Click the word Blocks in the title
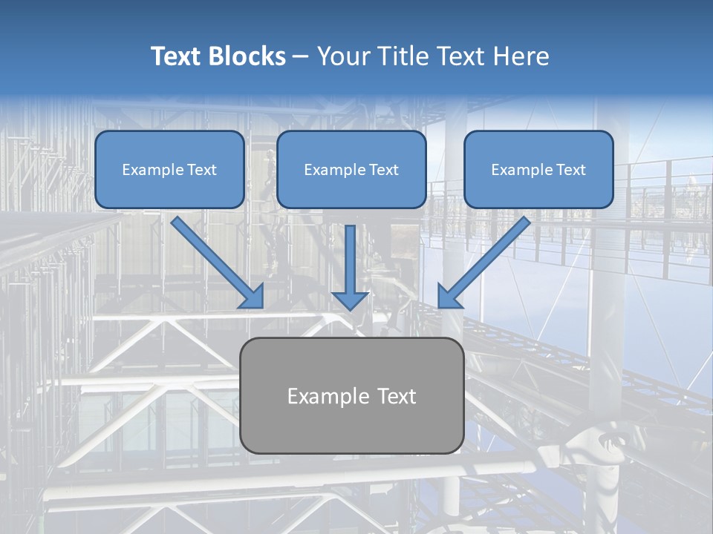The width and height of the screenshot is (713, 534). point(247,56)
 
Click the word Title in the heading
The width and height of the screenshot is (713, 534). point(403,56)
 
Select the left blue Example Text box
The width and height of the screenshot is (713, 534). point(169,169)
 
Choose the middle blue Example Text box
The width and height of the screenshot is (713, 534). point(351,169)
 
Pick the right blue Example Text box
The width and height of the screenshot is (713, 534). point(539,169)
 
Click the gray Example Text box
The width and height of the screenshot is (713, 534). point(352,395)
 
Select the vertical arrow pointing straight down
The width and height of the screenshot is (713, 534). point(350,268)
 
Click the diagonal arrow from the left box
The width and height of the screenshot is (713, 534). point(218,263)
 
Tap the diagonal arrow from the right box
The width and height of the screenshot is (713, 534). point(484,262)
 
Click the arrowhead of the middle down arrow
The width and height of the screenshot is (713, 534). point(350,300)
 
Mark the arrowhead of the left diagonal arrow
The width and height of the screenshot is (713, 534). point(254,298)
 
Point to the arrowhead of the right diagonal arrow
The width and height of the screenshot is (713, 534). point(447,298)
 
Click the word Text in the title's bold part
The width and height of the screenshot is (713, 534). point(176,56)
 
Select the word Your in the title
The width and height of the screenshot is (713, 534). point(344,56)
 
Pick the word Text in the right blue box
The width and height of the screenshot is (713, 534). point(571,170)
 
